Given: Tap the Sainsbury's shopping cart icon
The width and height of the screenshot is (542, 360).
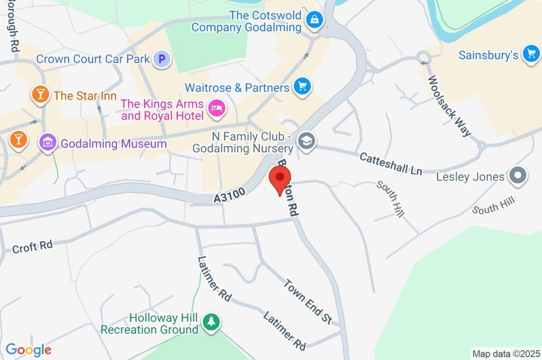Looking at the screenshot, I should (530, 53).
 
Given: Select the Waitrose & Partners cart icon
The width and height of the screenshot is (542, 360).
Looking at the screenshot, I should (302, 86).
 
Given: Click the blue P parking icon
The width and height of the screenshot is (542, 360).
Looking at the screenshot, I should (162, 59).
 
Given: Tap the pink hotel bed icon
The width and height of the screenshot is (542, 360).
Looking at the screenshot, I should (217, 109).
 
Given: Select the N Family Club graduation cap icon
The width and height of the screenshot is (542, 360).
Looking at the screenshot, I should (305, 141).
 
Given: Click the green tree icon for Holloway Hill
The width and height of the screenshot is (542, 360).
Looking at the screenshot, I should (212, 321).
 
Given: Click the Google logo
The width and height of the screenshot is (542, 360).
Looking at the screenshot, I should (29, 349).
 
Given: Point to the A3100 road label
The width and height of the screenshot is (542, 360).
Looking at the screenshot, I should (230, 195).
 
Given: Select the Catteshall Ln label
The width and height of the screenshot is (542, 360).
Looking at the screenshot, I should (391, 164).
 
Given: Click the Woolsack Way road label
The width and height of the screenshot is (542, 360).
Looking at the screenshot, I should (449, 106).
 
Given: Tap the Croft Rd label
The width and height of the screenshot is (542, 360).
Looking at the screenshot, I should (32, 247).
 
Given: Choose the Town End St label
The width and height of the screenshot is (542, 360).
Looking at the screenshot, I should (307, 301).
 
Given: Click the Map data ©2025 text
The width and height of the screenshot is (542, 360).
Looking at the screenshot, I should (506, 353).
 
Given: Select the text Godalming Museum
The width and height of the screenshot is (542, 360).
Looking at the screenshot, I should (113, 143).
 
